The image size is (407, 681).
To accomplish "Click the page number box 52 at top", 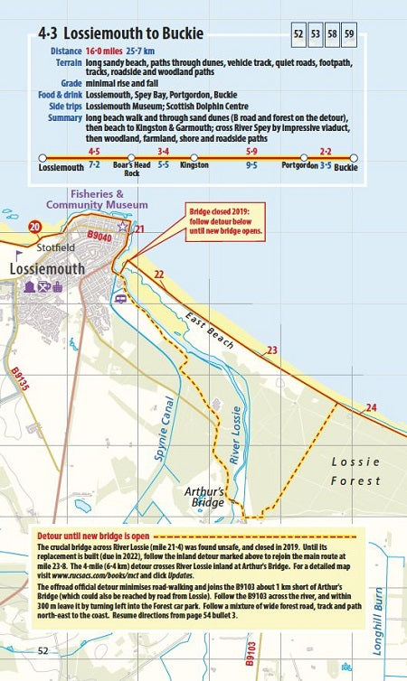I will (x=298, y=36).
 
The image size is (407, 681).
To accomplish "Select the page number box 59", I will (x=350, y=36).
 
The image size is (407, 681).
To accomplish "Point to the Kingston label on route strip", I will (x=194, y=167).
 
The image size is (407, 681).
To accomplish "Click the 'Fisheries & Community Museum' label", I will (x=109, y=200).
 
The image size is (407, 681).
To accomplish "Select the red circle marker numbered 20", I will (x=35, y=227).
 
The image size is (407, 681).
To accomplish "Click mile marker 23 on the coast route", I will (x=271, y=350).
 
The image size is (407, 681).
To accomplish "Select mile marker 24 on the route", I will (x=370, y=407).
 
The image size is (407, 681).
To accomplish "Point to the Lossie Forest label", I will (x=355, y=471).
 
